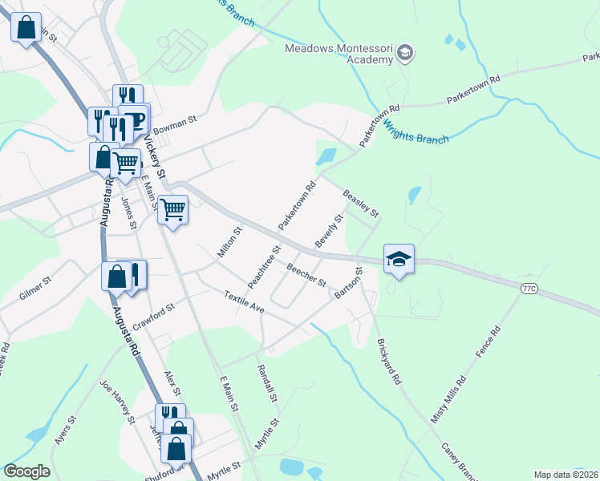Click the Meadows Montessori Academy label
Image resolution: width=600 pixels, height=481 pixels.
[x=341, y=56]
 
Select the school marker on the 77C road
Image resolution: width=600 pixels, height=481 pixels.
[x=399, y=259]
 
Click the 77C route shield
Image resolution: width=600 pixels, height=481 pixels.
[x=529, y=288]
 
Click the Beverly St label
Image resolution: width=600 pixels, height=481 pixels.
[x=329, y=230]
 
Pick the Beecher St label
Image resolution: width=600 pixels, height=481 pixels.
[x=306, y=277]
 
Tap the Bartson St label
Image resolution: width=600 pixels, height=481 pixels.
[x=349, y=285]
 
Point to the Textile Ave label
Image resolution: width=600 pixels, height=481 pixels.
[x=244, y=302]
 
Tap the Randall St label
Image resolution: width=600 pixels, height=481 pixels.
[x=266, y=383]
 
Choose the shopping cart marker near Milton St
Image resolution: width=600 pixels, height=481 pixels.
[x=172, y=211]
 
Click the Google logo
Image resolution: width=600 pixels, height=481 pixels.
[x=26, y=471]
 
